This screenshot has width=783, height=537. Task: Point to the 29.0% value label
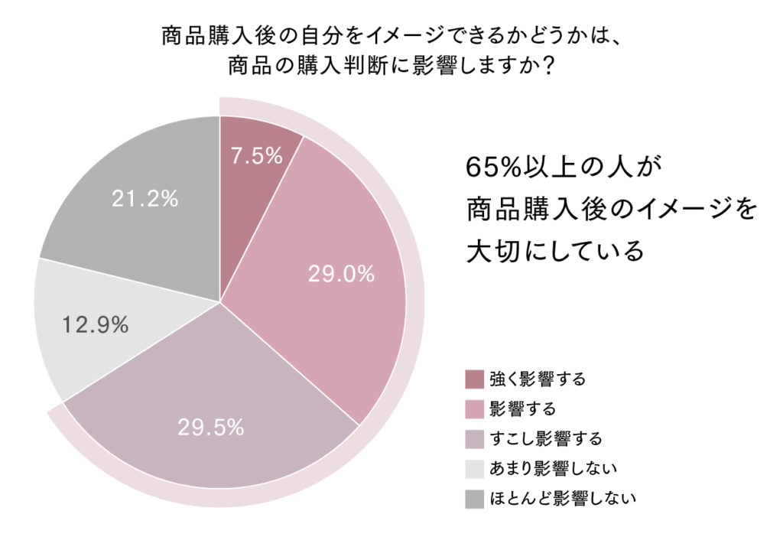pos(341,274)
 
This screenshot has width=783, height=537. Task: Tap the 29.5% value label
pos(210,428)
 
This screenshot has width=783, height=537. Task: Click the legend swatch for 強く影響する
pos(474,379)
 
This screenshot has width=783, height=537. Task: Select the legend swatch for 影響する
pos(474,409)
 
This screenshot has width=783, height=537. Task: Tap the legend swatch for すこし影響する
pos(474,439)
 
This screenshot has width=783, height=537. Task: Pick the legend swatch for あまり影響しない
pos(474,469)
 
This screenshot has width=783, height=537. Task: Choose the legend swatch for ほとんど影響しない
pos(474,499)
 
